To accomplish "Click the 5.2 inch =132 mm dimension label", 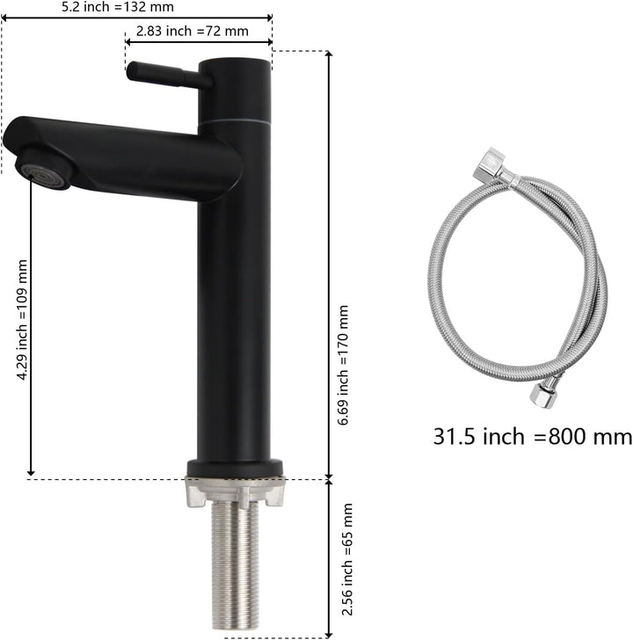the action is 118,7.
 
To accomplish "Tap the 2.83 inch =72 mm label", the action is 193,31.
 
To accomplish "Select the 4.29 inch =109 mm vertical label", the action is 22,320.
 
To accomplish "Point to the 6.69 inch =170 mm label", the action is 343,365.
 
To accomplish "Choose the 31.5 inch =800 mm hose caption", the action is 533,436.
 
